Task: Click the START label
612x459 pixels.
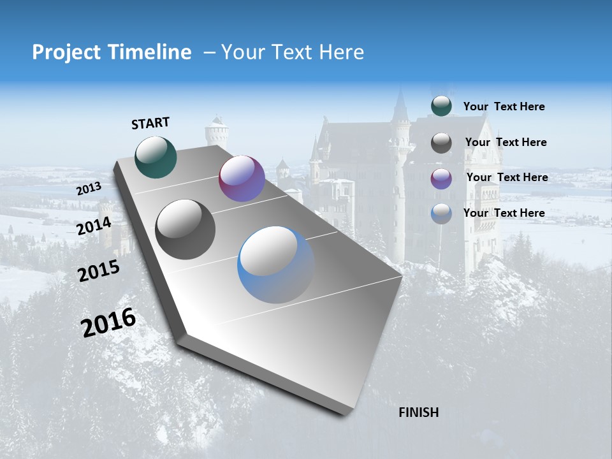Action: click(x=150, y=123)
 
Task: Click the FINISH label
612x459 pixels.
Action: click(x=418, y=412)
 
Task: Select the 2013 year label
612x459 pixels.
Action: click(x=89, y=189)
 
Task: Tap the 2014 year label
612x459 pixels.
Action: click(x=94, y=226)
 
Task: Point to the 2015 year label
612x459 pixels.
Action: click(x=99, y=270)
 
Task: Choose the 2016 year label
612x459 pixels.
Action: click(x=108, y=323)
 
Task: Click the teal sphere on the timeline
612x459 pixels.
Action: click(x=156, y=157)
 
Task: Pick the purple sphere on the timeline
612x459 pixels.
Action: click(x=242, y=178)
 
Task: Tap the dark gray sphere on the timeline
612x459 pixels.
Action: click(x=186, y=229)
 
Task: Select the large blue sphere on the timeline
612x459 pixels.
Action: click(x=276, y=265)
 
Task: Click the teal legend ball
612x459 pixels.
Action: click(x=441, y=106)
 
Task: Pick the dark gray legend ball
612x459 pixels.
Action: click(x=441, y=143)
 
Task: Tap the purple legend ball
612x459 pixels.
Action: click(x=441, y=178)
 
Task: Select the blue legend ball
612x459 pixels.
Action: click(x=441, y=214)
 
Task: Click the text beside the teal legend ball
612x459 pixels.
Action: click(x=504, y=106)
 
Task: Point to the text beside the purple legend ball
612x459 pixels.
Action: click(x=507, y=177)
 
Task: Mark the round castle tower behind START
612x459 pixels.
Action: click(x=216, y=133)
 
